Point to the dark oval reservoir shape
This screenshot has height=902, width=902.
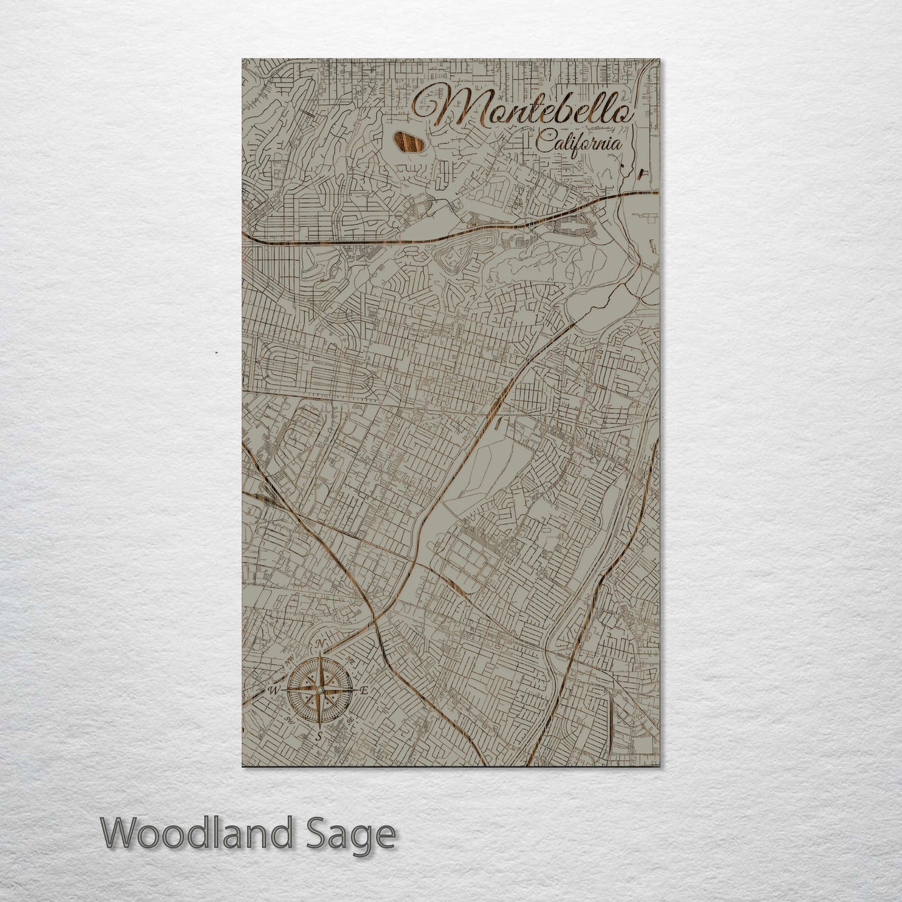408,142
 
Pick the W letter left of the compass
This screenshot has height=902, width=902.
273,690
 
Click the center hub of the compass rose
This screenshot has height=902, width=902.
320,690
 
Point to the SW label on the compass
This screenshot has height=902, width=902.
289,719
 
